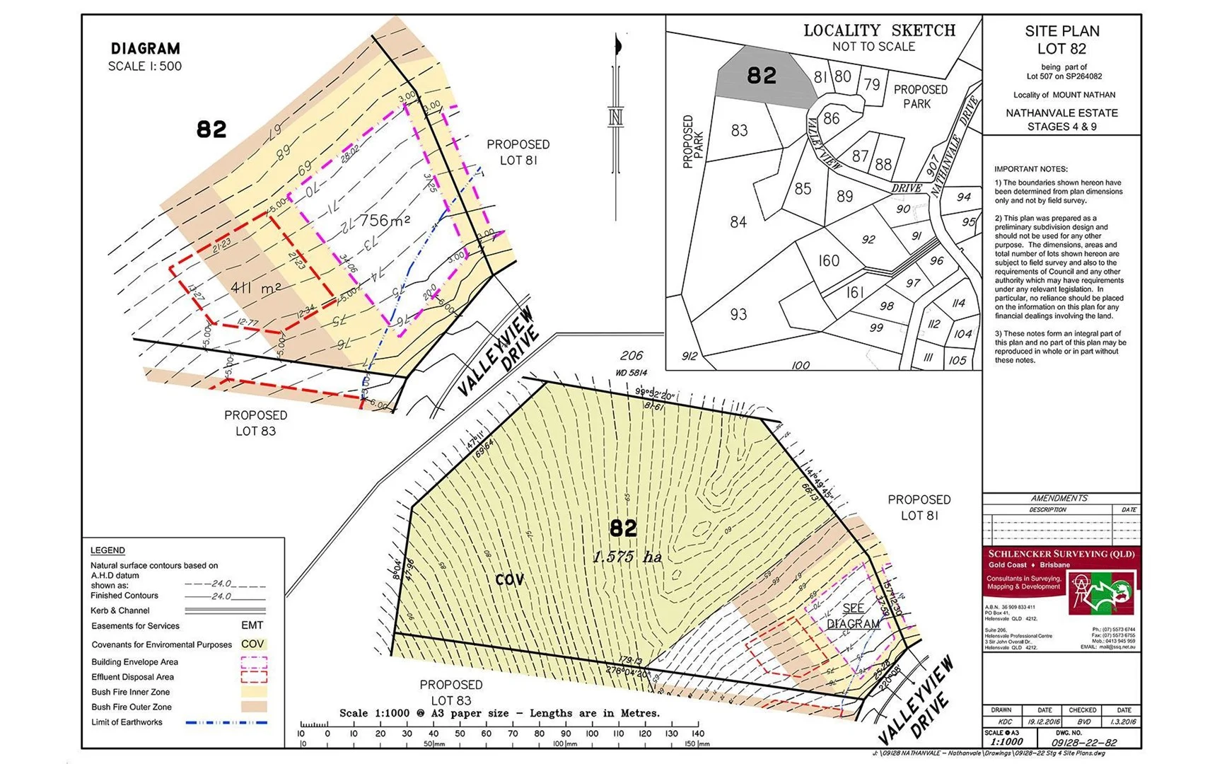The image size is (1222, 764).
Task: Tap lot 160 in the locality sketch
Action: [829, 261]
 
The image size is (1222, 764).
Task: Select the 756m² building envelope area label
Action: [384, 221]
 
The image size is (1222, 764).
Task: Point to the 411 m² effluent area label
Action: [256, 288]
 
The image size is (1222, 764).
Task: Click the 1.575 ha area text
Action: [627, 557]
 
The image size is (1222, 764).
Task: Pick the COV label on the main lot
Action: [509, 580]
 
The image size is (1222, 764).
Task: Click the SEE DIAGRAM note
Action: [853, 616]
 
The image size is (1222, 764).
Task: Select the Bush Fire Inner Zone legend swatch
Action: [254, 692]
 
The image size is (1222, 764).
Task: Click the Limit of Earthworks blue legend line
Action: [226, 722]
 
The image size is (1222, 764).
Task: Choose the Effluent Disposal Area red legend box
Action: [254, 677]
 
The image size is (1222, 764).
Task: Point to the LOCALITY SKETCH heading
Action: [879, 30]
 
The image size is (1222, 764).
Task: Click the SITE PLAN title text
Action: [1061, 31]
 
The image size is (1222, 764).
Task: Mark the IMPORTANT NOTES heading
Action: [1030, 169]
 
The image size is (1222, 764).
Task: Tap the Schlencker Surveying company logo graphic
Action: [1102, 593]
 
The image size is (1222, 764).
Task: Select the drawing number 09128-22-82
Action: [1083, 742]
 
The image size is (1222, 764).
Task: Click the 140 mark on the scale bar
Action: [698, 734]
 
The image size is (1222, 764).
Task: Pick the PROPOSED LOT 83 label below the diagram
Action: [255, 423]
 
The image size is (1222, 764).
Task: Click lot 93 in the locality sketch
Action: [738, 314]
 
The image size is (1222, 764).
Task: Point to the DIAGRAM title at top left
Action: [145, 49]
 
